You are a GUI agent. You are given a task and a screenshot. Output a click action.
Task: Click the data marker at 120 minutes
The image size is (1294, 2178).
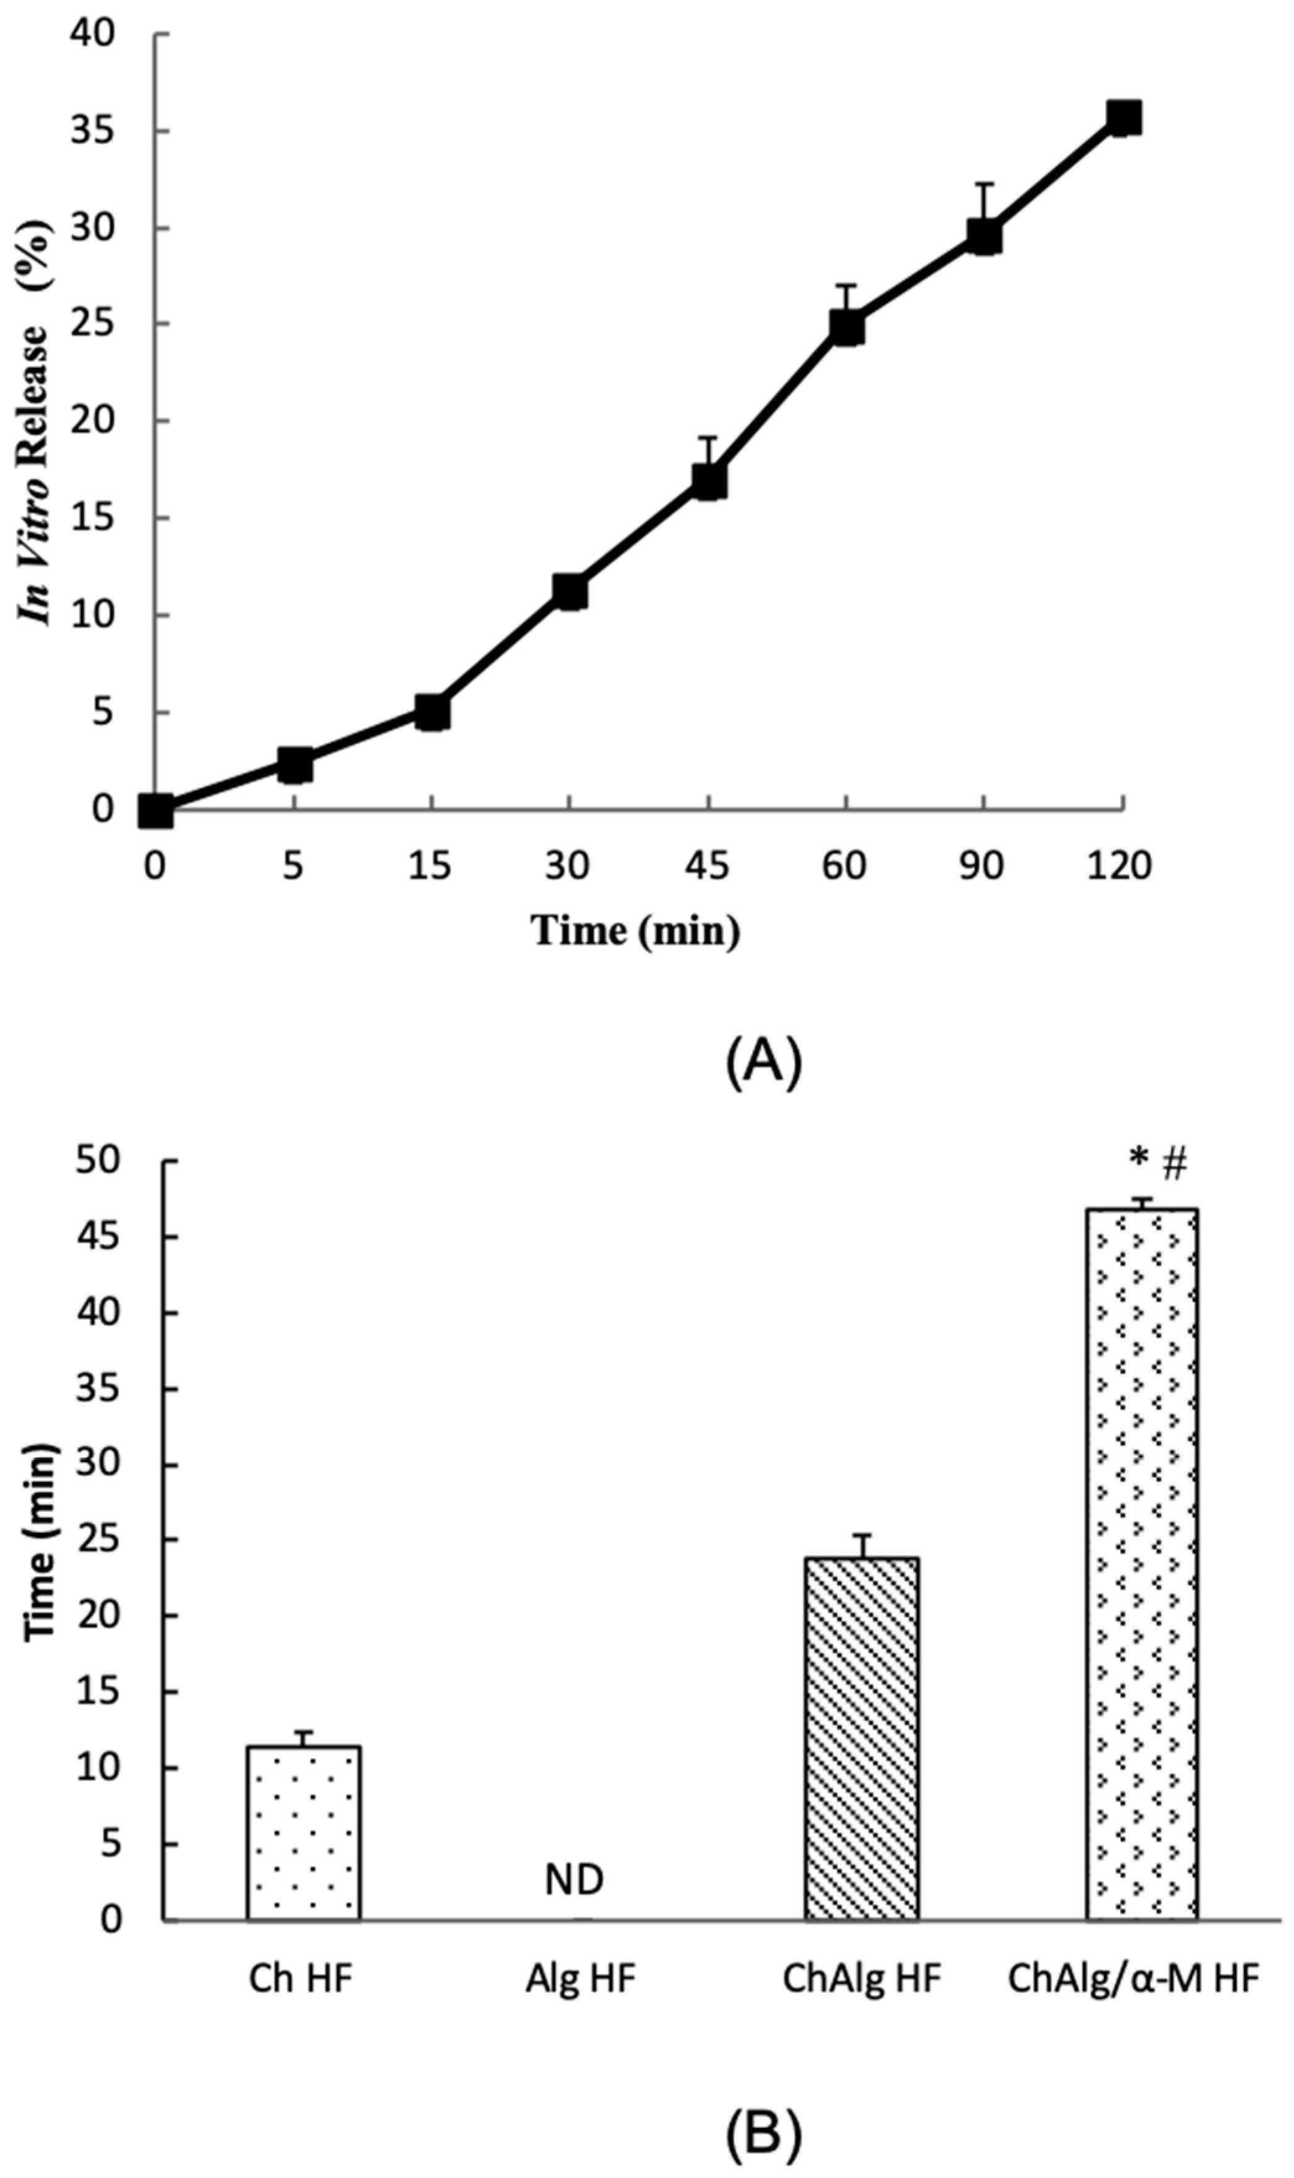click(1123, 117)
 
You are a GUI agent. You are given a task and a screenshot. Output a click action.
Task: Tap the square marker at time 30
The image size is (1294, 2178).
click(570, 592)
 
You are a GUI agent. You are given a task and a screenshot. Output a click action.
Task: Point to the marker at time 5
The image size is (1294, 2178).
click(295, 765)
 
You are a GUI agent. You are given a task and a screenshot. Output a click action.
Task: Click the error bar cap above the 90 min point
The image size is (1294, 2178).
click(984, 184)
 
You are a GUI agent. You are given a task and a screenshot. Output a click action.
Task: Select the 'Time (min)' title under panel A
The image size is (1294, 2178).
click(636, 931)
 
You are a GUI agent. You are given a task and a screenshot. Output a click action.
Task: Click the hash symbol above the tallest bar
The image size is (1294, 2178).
click(1175, 1163)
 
